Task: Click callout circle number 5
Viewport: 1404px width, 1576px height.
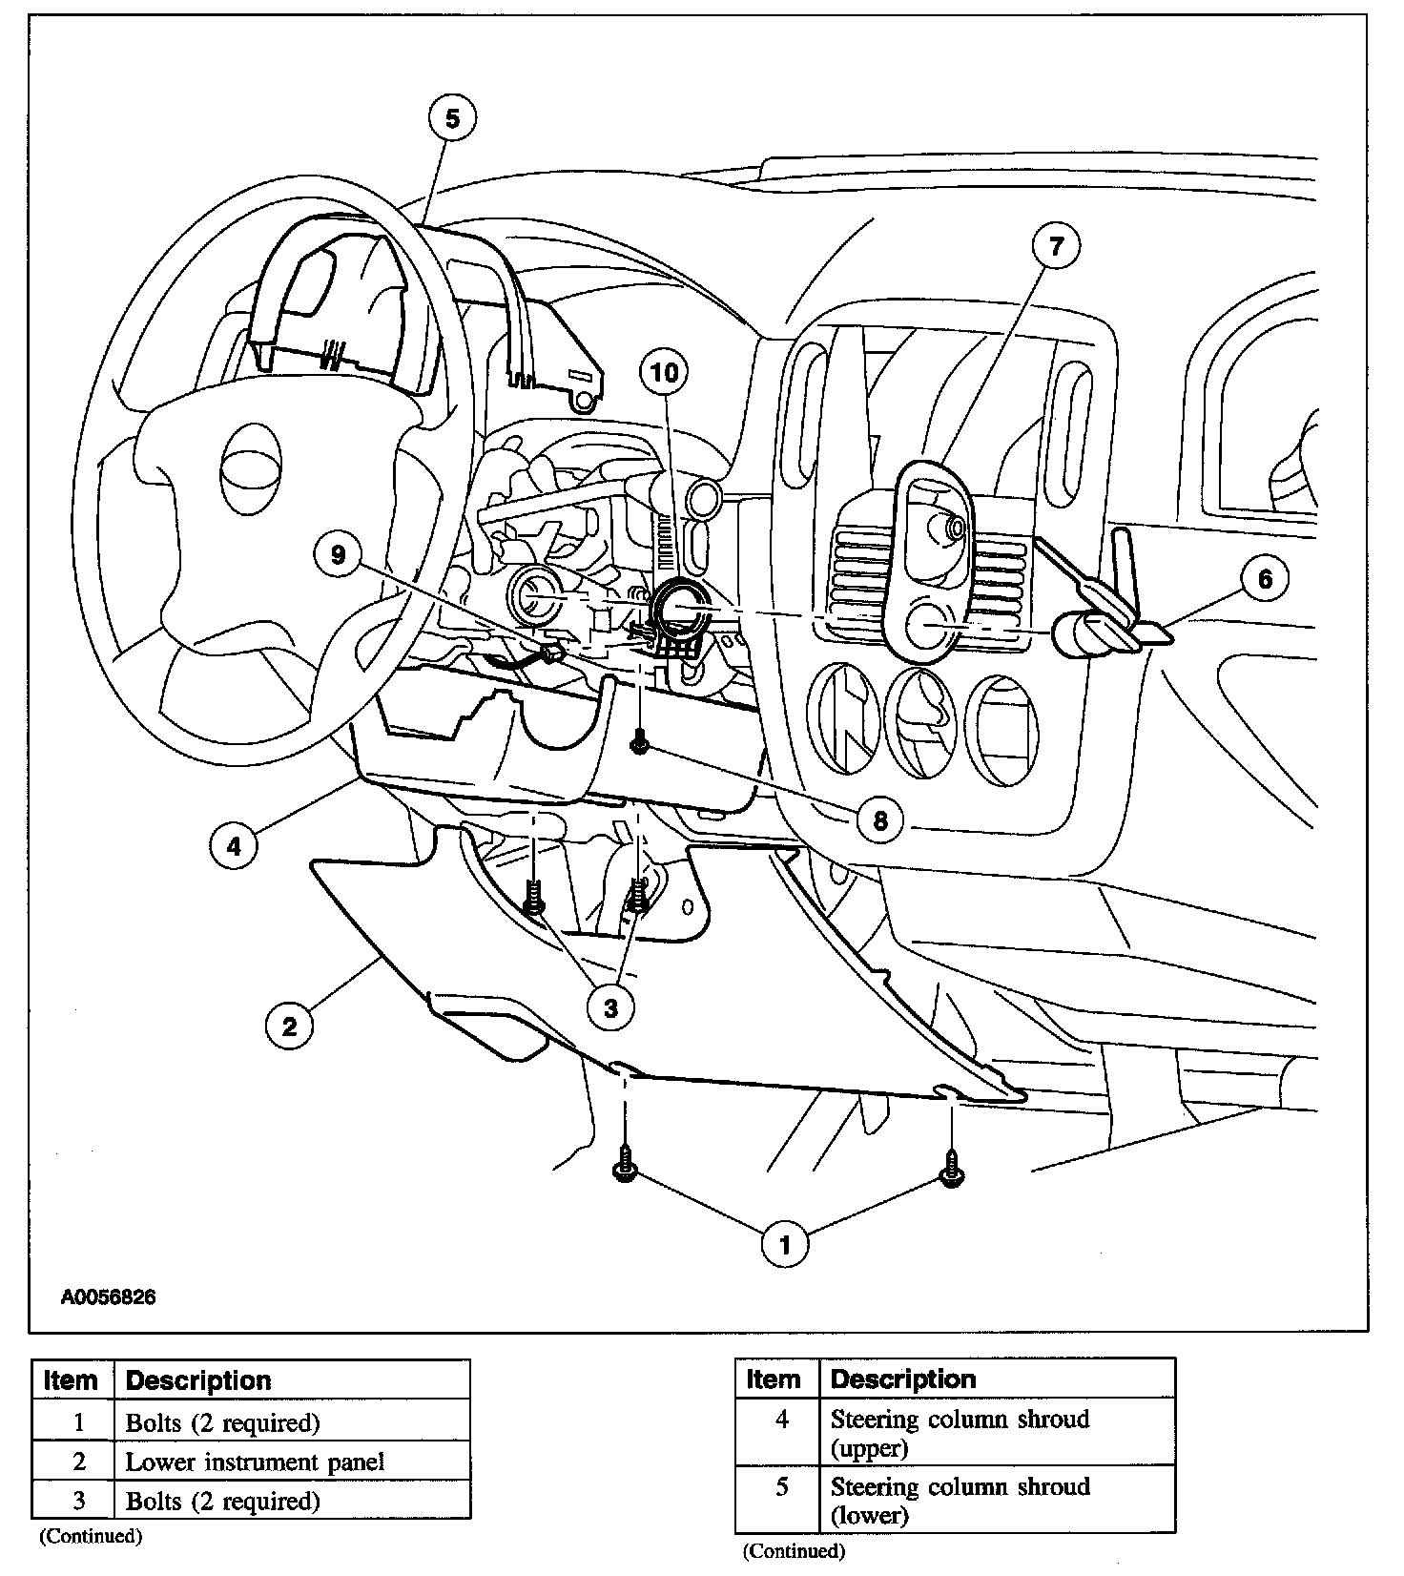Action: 452,118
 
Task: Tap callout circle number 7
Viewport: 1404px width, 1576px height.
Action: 1055,246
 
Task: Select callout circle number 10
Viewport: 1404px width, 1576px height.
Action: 665,371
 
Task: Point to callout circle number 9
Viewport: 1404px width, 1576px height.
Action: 339,554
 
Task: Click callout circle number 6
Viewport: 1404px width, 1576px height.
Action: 1265,579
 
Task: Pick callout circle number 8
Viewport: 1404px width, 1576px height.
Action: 879,819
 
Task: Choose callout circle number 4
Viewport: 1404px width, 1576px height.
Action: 234,844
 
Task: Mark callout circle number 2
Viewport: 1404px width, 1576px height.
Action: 288,1026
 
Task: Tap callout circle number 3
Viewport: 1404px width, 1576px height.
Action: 610,1007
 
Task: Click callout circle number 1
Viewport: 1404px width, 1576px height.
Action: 785,1244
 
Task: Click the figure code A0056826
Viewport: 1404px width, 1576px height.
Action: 109,1297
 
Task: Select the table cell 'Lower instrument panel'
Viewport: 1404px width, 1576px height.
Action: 255,1462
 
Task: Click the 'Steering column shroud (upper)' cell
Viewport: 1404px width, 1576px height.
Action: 960,1433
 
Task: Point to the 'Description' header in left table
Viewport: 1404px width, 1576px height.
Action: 198,1380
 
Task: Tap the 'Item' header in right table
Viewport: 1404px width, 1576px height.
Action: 774,1379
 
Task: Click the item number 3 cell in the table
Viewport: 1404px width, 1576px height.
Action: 78,1501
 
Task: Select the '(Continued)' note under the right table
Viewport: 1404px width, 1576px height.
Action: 794,1551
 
